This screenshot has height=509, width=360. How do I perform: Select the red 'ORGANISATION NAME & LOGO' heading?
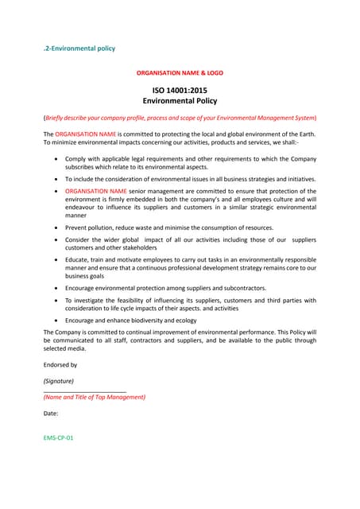[x=180, y=72]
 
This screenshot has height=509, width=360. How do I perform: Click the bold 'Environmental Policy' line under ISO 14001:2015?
[x=180, y=102]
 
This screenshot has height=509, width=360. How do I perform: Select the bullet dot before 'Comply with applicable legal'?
[x=55, y=159]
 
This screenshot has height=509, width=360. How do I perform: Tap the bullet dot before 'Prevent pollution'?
[x=55, y=227]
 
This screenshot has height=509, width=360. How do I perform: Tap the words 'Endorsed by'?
[x=60, y=364]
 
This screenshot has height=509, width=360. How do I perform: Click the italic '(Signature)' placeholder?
[x=60, y=380]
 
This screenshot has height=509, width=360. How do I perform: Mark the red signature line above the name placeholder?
[x=84, y=390]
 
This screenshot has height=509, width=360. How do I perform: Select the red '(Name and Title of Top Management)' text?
[x=94, y=396]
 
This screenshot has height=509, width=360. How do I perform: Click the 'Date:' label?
[x=52, y=414]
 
